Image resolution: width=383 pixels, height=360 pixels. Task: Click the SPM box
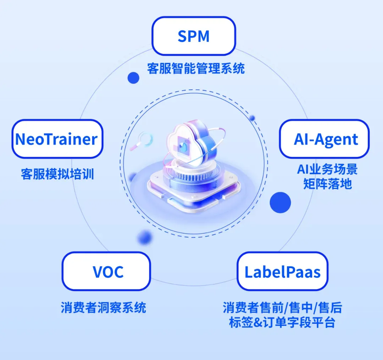(x=194, y=36)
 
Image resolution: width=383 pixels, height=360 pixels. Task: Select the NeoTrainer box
(x=57, y=139)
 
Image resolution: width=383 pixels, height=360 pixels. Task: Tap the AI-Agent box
(x=324, y=139)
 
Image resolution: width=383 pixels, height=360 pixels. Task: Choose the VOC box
(x=106, y=271)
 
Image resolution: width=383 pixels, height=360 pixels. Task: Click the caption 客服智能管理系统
(x=196, y=68)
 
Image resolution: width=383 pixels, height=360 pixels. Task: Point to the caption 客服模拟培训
(x=57, y=174)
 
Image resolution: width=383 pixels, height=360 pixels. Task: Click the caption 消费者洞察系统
(x=103, y=307)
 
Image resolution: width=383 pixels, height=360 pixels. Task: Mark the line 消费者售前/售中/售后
(x=282, y=307)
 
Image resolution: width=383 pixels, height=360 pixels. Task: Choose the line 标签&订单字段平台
(x=282, y=322)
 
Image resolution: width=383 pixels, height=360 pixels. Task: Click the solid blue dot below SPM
(x=133, y=77)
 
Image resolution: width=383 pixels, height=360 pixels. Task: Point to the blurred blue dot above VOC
(x=145, y=236)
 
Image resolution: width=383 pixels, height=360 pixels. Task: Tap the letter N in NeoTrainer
(x=21, y=139)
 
